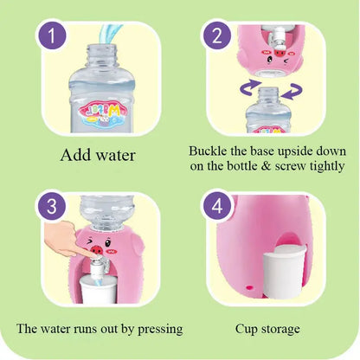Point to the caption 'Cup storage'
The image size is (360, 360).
[268, 329]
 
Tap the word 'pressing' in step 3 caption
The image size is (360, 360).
[156, 329]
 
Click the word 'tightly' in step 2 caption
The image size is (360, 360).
[325, 164]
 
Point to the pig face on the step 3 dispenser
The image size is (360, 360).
[105, 240]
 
